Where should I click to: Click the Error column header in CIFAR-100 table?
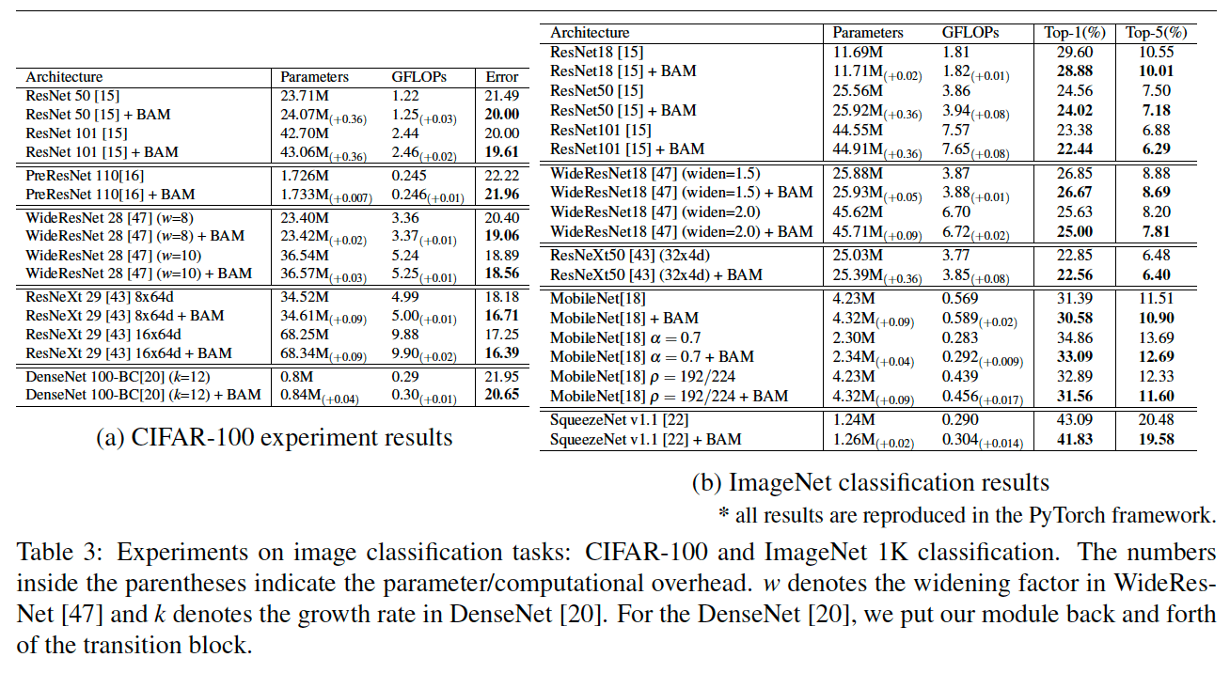501,77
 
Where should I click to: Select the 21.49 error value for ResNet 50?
501,96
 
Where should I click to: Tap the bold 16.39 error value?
501,353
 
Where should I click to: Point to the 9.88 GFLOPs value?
405,335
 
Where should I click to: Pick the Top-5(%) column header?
1156,33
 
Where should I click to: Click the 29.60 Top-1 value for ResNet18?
1069,53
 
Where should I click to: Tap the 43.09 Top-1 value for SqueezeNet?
1069,420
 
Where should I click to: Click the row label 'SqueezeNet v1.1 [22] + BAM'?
645,440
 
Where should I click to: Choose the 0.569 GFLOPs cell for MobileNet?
962,299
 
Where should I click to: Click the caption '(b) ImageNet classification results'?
870,483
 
